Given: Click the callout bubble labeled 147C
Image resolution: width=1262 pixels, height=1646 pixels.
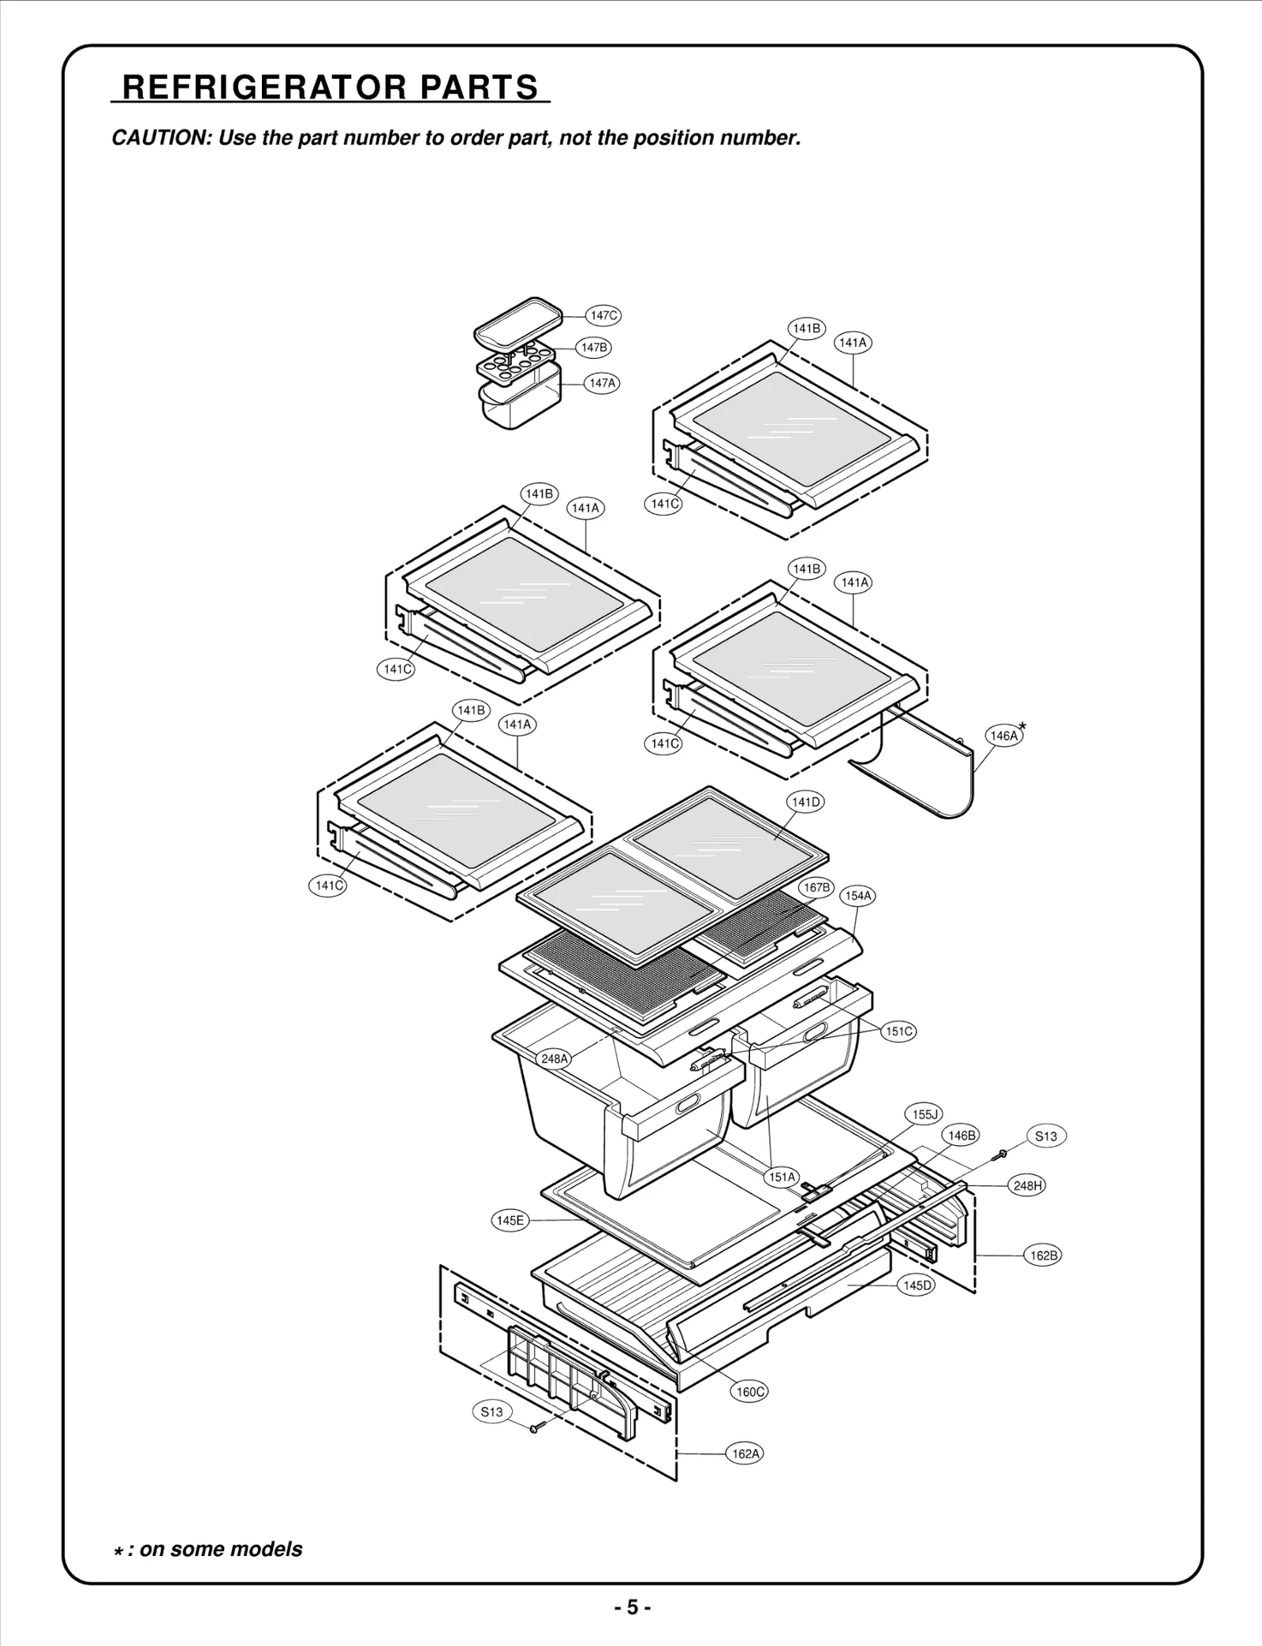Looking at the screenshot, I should click(x=603, y=315).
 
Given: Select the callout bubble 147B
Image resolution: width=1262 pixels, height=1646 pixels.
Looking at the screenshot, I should click(x=593, y=347).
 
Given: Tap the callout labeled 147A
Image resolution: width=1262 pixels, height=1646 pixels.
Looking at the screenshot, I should click(x=602, y=383).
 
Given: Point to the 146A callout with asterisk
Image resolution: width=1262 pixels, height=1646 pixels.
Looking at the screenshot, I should click(x=1004, y=736).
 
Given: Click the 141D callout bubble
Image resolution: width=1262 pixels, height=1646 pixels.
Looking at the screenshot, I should click(x=805, y=802).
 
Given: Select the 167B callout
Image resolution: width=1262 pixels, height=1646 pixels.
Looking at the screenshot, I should click(x=816, y=887).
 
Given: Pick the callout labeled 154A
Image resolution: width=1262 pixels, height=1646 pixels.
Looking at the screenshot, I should click(x=858, y=896).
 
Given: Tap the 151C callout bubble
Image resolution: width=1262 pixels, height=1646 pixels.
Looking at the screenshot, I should click(x=899, y=1031).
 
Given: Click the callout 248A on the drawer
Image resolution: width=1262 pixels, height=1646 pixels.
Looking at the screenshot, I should click(x=554, y=1058).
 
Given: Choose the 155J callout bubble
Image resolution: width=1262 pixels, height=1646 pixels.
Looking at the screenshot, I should click(x=924, y=1114).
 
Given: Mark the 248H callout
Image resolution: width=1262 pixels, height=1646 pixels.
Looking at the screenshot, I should click(x=1028, y=1185).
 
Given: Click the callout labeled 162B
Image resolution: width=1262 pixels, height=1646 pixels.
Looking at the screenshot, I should click(x=1044, y=1255).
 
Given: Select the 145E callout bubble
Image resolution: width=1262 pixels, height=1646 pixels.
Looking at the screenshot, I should click(x=510, y=1220).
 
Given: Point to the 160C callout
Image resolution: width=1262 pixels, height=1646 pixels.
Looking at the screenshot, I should click(x=750, y=1391).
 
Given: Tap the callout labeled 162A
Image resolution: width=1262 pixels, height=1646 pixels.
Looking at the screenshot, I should click(x=745, y=1453).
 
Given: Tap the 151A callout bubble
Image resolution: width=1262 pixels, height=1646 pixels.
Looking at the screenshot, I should click(x=782, y=1177).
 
